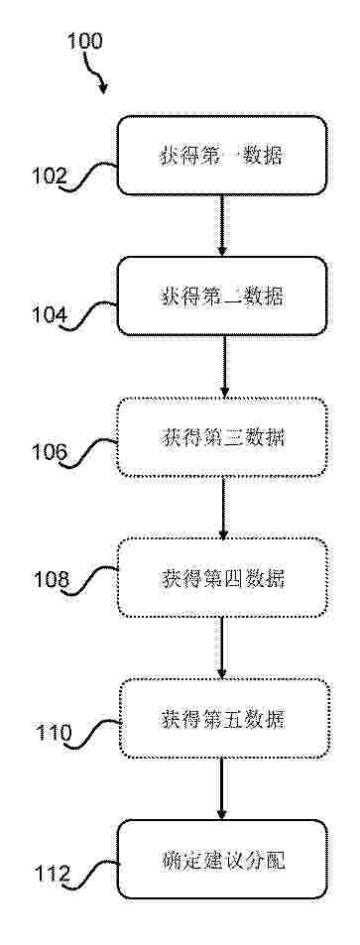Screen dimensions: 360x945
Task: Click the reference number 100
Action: (84, 41)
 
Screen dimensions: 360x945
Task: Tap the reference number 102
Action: (50, 177)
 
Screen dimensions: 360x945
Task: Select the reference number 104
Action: (50, 315)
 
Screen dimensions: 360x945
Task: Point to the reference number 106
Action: (50, 452)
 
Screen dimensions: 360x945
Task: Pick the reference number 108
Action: (51, 580)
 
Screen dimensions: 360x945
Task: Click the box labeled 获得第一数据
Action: (222, 156)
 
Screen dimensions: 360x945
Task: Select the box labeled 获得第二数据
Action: (222, 295)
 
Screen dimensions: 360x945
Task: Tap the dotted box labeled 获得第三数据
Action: (222, 437)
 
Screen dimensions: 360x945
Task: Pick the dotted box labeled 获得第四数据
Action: (222, 577)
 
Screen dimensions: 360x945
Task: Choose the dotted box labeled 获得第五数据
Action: (223, 718)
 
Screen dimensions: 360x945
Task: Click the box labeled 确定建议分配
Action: (222, 860)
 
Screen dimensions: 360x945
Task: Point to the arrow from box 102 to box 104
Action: (221, 225)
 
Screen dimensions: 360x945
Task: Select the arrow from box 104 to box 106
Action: (224, 367)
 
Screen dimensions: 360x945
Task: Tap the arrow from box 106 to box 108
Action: (222, 508)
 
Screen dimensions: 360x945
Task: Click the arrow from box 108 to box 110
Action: (221, 648)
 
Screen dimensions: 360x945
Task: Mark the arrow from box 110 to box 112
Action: (222, 789)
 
